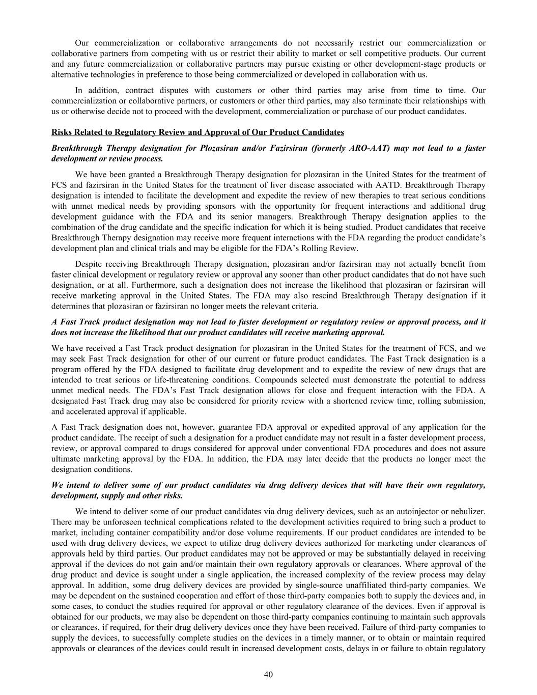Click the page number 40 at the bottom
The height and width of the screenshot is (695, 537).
[x=268, y=675]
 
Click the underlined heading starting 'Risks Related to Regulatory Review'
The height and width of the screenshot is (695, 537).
[x=197, y=132]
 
